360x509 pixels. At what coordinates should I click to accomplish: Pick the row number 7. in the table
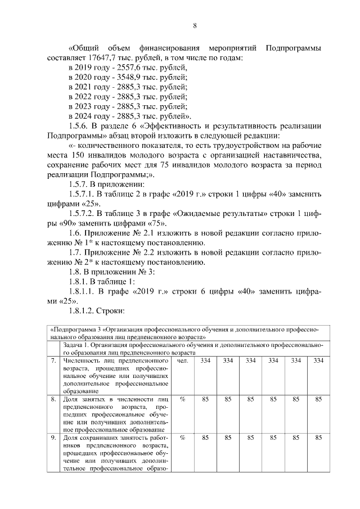[x=53, y=360]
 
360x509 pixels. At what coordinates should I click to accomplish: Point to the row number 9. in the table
[x=53, y=438]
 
